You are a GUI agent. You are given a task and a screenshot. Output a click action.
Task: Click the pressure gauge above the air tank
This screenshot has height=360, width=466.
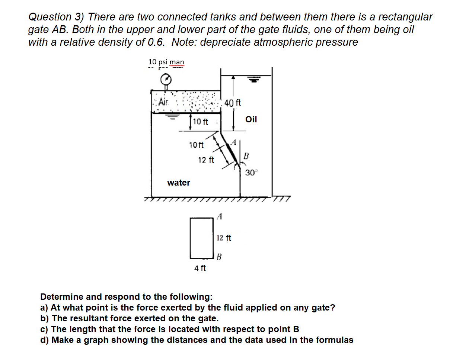(x=166, y=79)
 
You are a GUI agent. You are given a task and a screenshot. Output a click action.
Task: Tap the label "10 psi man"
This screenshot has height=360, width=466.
(x=166, y=62)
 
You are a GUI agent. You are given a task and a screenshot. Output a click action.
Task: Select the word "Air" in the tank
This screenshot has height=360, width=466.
(x=163, y=102)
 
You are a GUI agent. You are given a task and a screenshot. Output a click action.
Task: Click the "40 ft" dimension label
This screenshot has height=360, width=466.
(x=233, y=103)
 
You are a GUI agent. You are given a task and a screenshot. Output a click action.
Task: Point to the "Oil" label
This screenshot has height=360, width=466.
(x=251, y=119)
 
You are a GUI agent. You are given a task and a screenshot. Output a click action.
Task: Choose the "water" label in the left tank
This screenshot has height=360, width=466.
(x=179, y=183)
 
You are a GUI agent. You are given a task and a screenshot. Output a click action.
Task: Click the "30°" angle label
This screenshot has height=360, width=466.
(x=251, y=173)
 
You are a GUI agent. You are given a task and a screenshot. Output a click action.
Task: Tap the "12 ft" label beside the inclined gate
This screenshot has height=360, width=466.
(x=206, y=160)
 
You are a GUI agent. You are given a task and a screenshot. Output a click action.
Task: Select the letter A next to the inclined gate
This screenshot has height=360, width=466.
(x=234, y=142)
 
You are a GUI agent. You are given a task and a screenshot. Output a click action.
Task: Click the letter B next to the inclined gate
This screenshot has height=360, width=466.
(x=246, y=156)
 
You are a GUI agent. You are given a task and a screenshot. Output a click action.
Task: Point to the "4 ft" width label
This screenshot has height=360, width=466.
(x=200, y=268)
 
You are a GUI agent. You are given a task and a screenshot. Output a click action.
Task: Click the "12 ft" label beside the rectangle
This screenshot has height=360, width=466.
(x=224, y=238)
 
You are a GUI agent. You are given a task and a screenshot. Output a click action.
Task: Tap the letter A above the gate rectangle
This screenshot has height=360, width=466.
(x=220, y=216)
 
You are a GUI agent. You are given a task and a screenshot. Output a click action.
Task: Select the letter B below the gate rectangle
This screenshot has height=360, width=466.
(x=219, y=257)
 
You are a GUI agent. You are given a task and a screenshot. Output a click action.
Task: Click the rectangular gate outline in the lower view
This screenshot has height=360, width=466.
(x=201, y=238)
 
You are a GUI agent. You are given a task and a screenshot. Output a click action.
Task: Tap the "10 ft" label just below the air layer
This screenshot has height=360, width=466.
(x=200, y=122)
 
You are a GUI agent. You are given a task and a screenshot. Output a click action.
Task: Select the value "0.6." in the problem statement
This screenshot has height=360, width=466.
(x=156, y=42)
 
